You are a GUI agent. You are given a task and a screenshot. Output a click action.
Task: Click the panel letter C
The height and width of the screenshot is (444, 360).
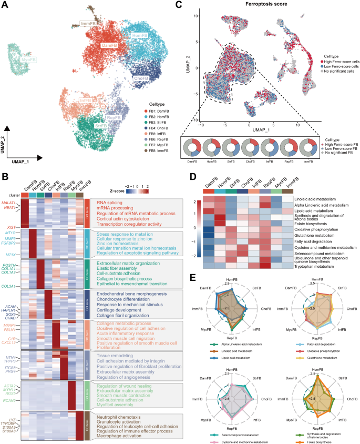pyautogui.click(x=179, y=5)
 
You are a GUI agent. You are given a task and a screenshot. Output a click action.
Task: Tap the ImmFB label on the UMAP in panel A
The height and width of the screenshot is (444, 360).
pyautogui.click(x=88, y=24)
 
